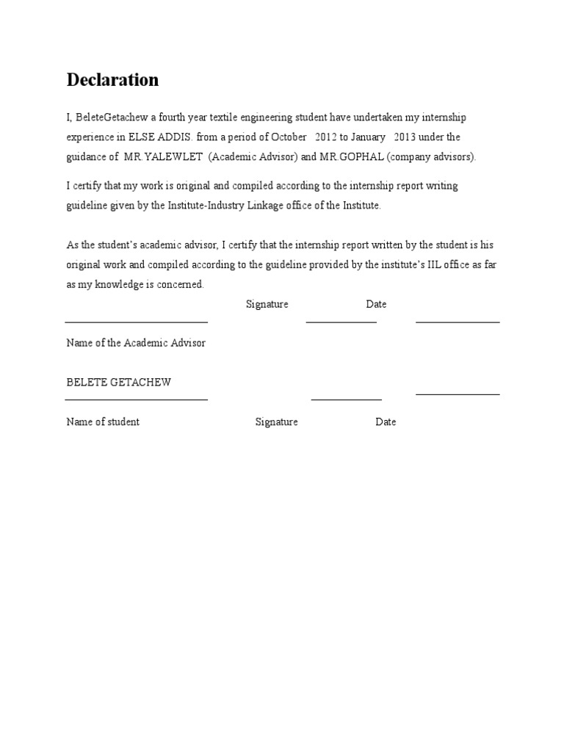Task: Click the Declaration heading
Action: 112,80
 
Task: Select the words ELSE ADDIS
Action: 162,137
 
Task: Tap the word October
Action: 289,137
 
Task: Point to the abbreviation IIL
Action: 435,264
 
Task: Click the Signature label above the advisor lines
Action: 267,304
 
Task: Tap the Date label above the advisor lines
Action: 376,304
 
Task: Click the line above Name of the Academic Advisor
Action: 137,322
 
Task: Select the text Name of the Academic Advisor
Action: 136,343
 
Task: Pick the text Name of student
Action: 103,422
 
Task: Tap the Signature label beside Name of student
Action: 277,422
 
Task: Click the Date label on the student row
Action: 386,422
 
